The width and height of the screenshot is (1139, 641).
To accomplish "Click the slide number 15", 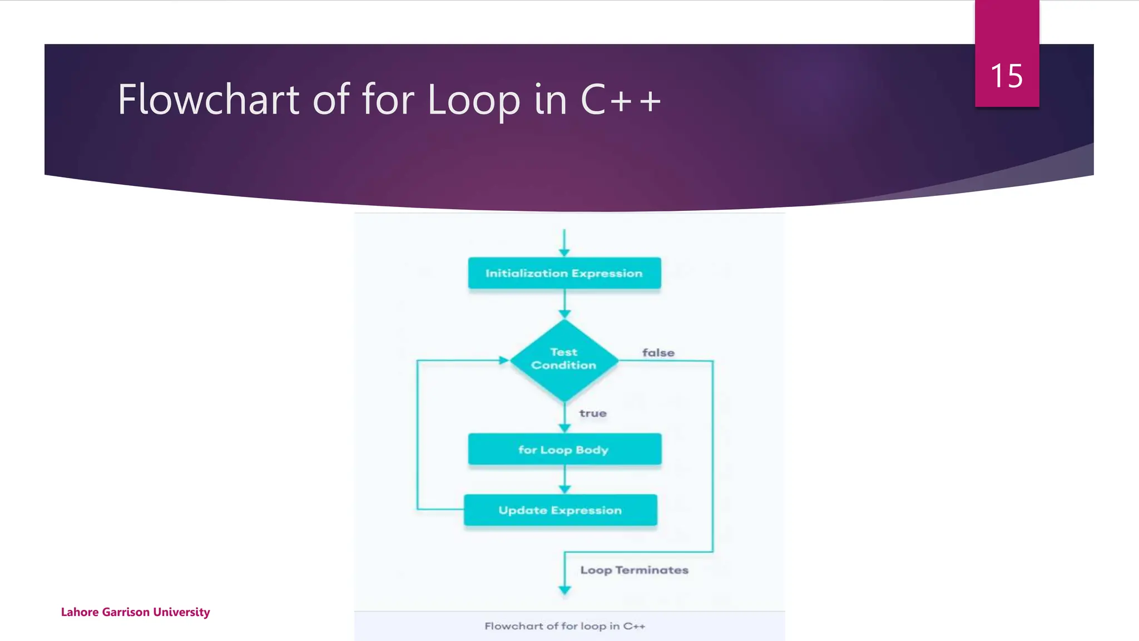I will [1007, 76].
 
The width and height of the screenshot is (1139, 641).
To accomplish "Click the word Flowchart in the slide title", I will [209, 100].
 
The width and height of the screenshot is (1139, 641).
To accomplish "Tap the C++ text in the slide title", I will [621, 100].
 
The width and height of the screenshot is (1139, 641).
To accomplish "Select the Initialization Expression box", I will [564, 273].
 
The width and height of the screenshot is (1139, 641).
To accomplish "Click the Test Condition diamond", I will [564, 359].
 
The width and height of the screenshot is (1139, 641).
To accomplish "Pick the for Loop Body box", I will [564, 449].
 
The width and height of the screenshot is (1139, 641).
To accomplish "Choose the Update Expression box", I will [560, 510].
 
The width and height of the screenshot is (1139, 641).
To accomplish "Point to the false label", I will [658, 353].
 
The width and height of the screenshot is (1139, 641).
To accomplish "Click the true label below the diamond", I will [593, 413].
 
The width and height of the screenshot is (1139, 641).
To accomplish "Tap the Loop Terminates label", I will [634, 570].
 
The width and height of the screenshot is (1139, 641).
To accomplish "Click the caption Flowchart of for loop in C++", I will [564, 626].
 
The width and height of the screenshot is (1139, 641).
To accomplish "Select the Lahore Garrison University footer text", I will [135, 612].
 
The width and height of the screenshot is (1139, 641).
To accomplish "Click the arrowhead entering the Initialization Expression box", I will [564, 253].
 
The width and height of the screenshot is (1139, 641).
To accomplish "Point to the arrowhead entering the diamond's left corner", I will [504, 361].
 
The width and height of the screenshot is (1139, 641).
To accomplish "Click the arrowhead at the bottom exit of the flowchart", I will [564, 590].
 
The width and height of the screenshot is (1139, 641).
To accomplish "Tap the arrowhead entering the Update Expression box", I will [564, 490].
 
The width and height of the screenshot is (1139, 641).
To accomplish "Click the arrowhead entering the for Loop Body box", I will [564, 428].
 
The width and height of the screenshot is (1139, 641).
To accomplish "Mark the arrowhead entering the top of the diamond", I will [564, 314].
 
